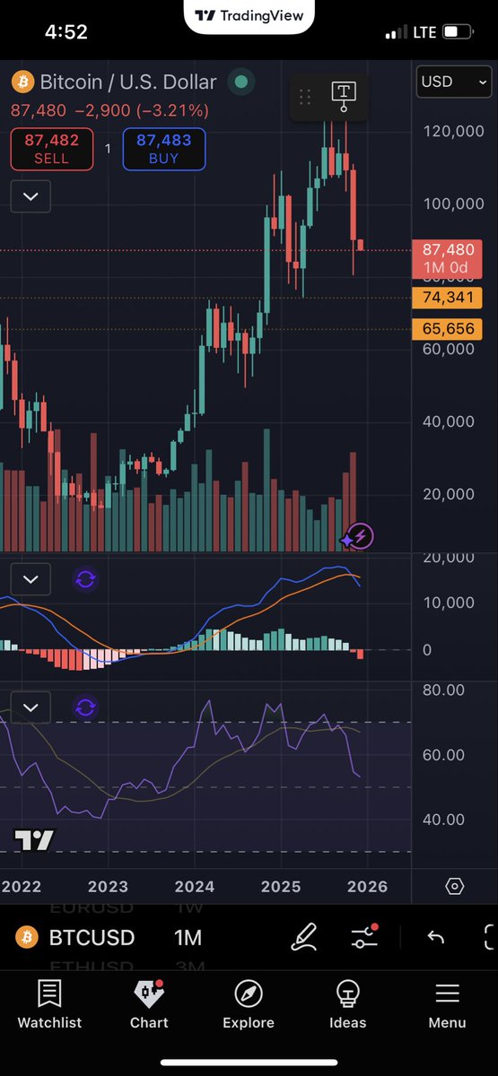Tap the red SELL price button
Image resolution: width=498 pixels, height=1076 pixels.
(x=51, y=149)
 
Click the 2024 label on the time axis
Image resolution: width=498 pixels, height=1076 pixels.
(x=195, y=887)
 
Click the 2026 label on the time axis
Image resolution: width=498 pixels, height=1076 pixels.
(x=367, y=887)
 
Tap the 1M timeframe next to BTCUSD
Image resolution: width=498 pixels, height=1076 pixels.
(x=188, y=938)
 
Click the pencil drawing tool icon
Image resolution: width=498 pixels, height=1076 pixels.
(x=305, y=938)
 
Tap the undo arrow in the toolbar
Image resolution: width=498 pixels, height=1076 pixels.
(x=436, y=938)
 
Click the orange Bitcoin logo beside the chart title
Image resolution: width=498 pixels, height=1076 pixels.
(x=22, y=82)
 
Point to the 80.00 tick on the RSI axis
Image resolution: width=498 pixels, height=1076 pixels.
(x=443, y=690)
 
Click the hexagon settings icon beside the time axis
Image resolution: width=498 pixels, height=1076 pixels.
(x=454, y=887)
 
